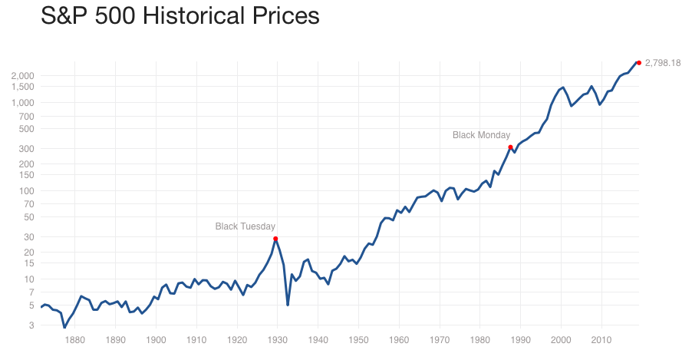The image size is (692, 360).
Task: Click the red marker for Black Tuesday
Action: point(275,239)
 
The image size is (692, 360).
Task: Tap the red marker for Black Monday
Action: point(510,147)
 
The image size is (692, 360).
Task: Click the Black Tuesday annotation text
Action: point(245,226)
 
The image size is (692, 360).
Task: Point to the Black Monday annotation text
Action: point(481,135)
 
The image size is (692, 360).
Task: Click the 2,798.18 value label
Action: point(663,63)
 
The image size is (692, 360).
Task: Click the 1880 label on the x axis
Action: point(74,339)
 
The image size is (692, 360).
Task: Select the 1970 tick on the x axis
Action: point(440,339)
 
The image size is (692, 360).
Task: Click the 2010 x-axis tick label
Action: point(601,339)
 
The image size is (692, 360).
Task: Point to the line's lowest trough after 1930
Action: point(288,305)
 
